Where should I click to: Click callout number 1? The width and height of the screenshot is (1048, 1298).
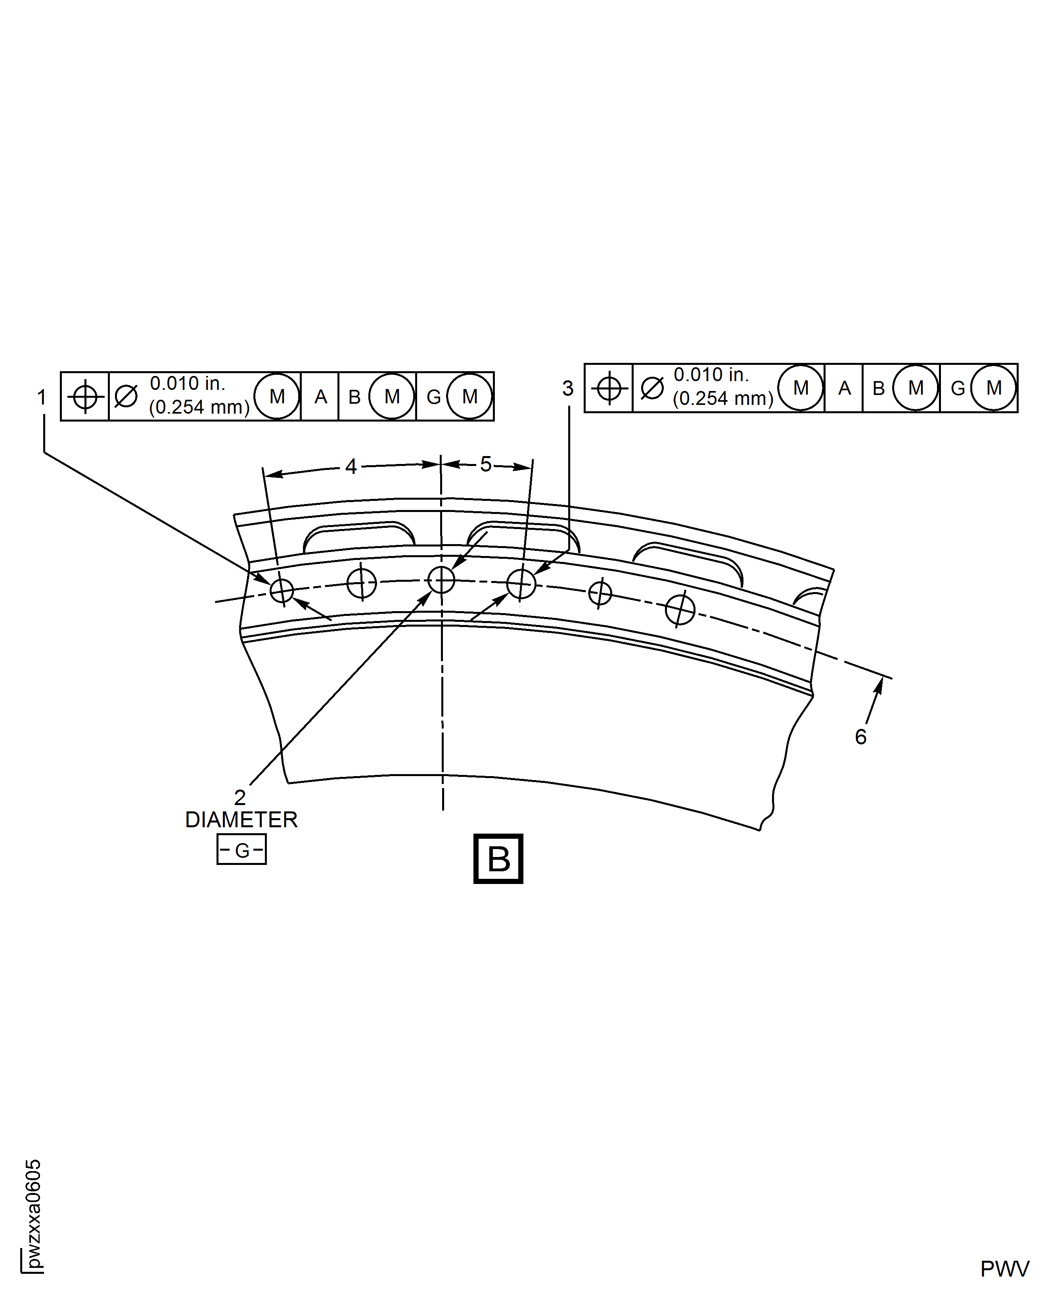point(42,398)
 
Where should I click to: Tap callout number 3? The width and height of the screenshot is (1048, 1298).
point(567,389)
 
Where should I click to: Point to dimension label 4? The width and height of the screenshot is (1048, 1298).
point(351,467)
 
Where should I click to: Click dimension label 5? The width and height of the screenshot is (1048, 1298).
point(486,464)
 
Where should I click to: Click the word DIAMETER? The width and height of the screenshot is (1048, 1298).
point(241,820)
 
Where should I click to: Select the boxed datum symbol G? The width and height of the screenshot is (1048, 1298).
point(241,850)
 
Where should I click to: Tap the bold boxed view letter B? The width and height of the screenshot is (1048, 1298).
point(498,859)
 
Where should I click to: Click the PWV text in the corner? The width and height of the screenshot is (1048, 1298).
point(1004,1269)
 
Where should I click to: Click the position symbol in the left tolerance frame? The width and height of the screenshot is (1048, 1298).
point(85,397)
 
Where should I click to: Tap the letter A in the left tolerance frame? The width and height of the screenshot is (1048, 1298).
point(320,397)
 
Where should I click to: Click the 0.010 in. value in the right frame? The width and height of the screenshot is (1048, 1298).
point(711,375)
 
